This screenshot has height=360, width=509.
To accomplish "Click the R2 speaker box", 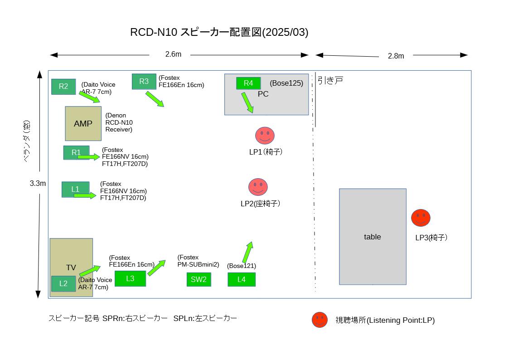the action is (63, 87).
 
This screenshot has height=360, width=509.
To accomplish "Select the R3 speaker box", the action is (144, 82).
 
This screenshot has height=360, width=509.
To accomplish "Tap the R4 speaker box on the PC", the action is (248, 83).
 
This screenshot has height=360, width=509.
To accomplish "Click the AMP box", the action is (83, 124).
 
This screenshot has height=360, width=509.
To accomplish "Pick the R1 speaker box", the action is (76, 153).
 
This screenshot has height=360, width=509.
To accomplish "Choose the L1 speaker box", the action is (75, 189).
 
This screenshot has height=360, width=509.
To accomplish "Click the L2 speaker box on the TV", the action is (63, 283).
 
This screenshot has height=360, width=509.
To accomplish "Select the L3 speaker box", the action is (130, 278).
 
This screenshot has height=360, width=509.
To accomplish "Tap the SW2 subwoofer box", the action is (199, 279).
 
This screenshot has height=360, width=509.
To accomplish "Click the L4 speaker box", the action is (242, 279).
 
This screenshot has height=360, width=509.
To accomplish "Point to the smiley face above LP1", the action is (265, 136).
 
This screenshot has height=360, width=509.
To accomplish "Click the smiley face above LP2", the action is (258, 187).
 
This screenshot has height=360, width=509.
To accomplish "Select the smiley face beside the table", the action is (421, 218).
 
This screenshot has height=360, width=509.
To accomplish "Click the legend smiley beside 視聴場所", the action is (320, 320).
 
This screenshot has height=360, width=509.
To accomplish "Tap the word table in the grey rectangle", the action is (372, 237).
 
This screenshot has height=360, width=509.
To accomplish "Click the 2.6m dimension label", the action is (173, 54).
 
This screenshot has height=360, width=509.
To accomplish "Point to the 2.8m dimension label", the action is (396, 56).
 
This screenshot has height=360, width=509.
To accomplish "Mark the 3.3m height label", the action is (38, 184).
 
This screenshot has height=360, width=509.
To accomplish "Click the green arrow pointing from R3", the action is (155, 99).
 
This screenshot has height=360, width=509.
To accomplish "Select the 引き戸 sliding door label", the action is (330, 80).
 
